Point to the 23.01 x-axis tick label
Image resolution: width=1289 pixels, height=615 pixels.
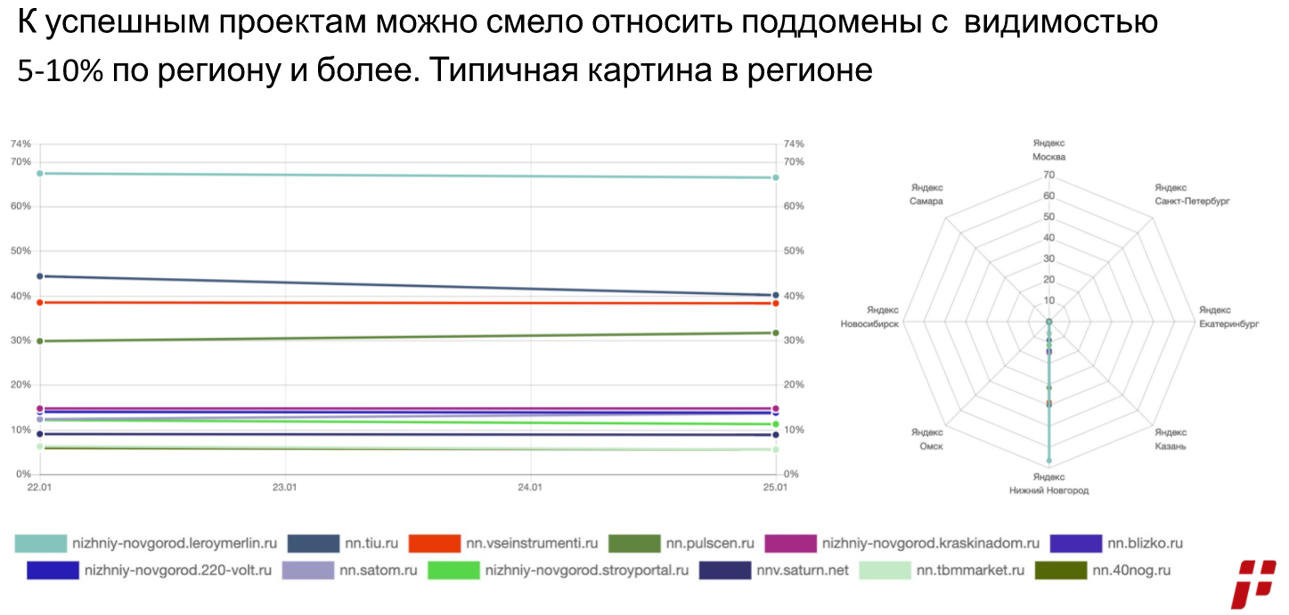pyautogui.click(x=284, y=488)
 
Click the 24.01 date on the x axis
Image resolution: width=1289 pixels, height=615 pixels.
pyautogui.click(x=530, y=488)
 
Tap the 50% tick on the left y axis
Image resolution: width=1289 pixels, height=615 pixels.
pyautogui.click(x=20, y=251)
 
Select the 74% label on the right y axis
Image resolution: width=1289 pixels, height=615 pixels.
pyautogui.click(x=793, y=143)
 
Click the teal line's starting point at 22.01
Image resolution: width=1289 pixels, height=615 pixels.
pyautogui.click(x=39, y=173)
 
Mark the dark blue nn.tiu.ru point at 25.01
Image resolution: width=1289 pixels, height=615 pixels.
pyautogui.click(x=776, y=295)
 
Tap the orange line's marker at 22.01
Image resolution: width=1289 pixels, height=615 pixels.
pyautogui.click(x=39, y=302)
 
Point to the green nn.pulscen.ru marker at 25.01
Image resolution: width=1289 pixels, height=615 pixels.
pyautogui.click(x=776, y=333)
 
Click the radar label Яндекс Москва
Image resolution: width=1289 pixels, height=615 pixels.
pyautogui.click(x=1048, y=150)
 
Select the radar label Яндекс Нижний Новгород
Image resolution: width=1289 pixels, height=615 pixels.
pyautogui.click(x=1048, y=484)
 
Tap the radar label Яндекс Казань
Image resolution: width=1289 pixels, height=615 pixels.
pyautogui.click(x=1171, y=439)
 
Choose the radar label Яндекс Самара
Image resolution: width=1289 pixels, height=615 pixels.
pyautogui.click(x=926, y=194)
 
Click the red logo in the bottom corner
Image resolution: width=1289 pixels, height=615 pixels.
pyautogui.click(x=1254, y=585)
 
